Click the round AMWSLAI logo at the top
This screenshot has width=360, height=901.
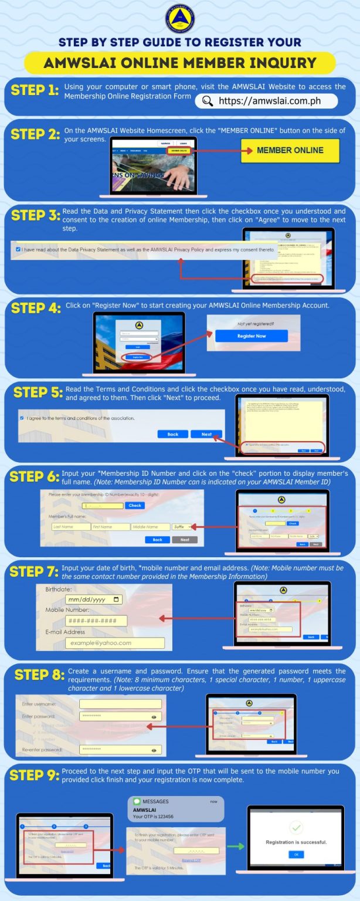[179, 18]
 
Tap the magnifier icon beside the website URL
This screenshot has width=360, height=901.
[207, 101]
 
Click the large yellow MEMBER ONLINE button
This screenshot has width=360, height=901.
[290, 150]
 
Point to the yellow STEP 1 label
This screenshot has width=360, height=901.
[35, 90]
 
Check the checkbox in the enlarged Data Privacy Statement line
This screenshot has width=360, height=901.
[18, 249]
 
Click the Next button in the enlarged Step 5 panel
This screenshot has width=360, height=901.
[206, 434]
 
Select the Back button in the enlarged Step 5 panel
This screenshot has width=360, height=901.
[172, 434]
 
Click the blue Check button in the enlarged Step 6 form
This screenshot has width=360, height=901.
[135, 505]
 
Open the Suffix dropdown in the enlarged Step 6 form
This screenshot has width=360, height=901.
[181, 527]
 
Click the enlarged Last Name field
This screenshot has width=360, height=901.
[70, 527]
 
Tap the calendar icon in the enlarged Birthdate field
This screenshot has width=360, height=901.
[117, 599]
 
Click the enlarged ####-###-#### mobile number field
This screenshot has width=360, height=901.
[96, 621]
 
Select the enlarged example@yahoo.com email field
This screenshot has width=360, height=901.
[114, 643]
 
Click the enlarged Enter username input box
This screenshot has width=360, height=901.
[120, 704]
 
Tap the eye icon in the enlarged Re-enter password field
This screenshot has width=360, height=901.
[154, 750]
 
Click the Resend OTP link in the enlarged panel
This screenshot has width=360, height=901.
[191, 860]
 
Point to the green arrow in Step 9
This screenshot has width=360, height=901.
[236, 846]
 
